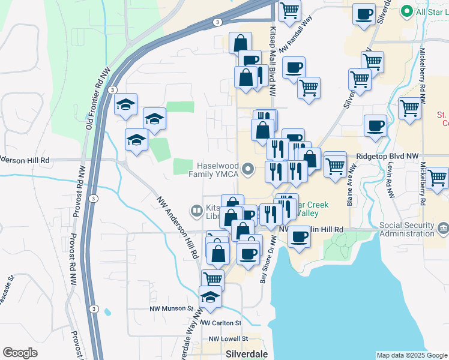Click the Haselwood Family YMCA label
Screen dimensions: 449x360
[x=217, y=169]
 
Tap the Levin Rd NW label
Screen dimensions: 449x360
[x=391, y=181]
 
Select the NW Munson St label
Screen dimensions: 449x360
[x=171, y=308]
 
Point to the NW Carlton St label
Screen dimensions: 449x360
[x=221, y=323]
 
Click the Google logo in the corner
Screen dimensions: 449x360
[x=20, y=353]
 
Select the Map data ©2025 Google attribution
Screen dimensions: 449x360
[x=411, y=355]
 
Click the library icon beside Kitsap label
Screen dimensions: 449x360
[x=196, y=211]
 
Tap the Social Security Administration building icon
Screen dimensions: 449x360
[x=443, y=228]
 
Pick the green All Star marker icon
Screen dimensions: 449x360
[x=406, y=11]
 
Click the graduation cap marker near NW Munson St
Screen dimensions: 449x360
[x=210, y=298]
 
